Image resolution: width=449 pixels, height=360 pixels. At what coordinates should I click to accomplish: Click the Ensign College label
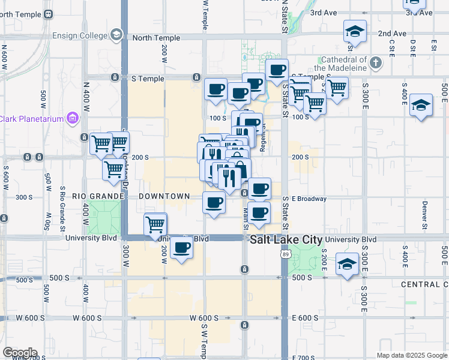tap(79, 35)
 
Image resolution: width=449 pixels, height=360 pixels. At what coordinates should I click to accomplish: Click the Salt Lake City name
tap(285, 239)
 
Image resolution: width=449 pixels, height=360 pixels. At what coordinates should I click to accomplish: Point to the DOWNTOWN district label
tap(164, 196)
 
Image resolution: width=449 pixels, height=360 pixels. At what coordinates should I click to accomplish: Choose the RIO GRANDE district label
tap(97, 196)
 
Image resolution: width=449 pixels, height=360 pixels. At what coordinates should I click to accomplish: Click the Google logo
tap(19, 353)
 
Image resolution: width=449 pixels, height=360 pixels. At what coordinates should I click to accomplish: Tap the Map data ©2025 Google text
tap(411, 355)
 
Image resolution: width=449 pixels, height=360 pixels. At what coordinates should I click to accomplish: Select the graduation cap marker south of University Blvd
tap(347, 263)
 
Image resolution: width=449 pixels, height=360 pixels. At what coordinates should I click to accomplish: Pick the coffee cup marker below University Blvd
tap(182, 247)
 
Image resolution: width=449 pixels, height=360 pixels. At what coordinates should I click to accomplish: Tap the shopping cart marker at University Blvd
tap(155, 224)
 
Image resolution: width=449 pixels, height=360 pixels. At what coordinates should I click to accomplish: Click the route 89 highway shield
tap(285, 255)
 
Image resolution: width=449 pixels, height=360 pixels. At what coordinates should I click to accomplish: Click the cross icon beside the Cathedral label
tap(375, 62)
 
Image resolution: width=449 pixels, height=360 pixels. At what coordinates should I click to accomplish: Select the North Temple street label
tap(156, 38)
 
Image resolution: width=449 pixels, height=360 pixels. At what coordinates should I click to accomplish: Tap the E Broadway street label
tap(309, 199)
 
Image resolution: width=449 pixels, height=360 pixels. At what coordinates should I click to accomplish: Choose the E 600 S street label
tap(305, 318)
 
